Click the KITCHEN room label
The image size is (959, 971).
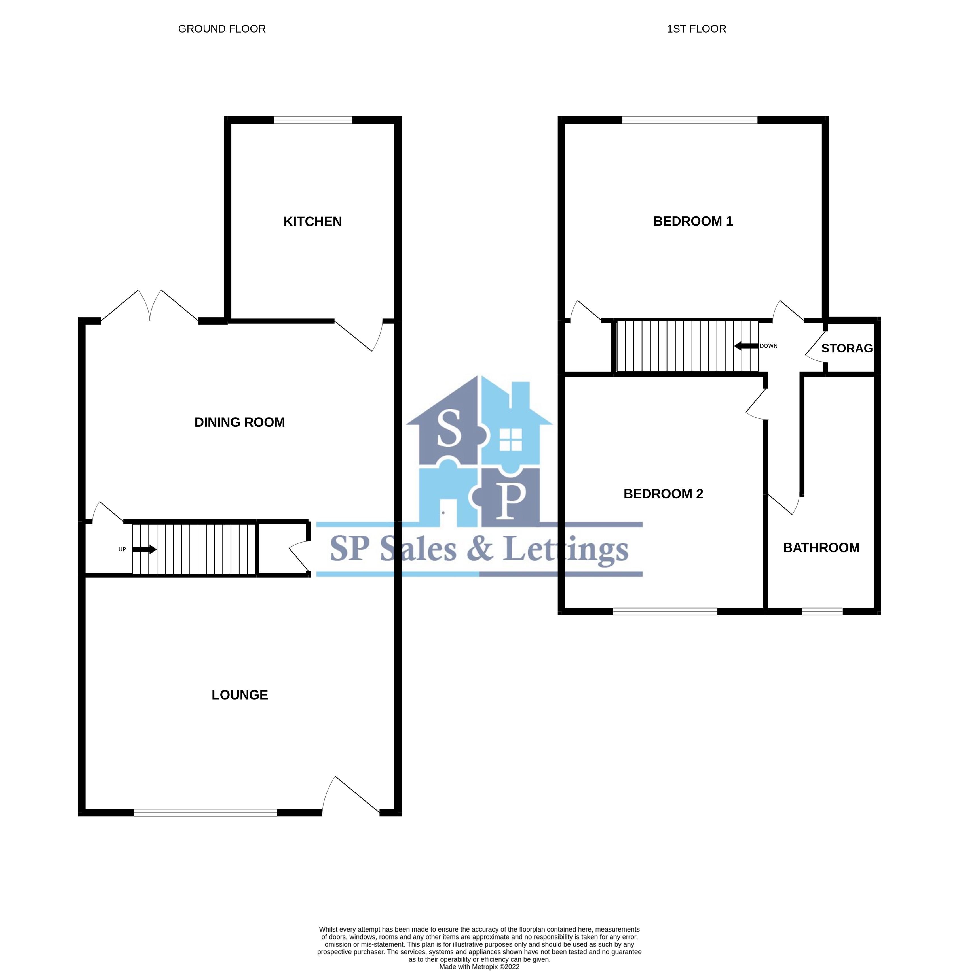312,222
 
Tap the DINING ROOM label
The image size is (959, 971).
239,422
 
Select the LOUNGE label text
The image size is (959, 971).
239,695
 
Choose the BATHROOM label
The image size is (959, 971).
821,547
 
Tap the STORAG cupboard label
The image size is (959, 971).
846,348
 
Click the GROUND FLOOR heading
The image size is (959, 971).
222,29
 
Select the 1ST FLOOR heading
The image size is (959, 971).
696,29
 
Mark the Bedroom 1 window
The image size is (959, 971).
689,120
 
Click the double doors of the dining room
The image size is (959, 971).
150,307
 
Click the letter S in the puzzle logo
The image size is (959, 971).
448,429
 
